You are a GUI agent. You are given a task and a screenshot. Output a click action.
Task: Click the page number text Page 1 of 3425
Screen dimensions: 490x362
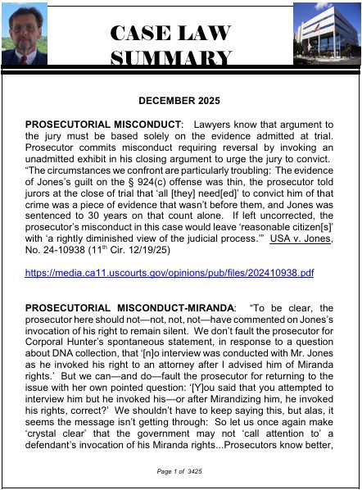(180, 473)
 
